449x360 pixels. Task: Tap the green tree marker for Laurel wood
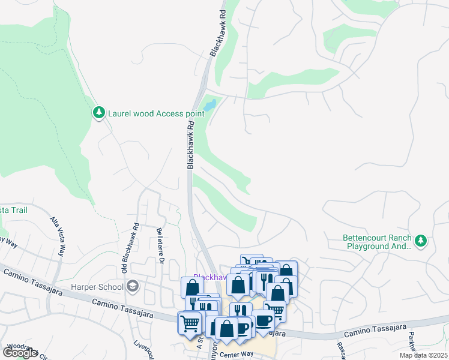pos(98,113)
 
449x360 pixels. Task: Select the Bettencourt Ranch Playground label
pos(377,242)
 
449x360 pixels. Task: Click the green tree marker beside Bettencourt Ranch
pos(421,241)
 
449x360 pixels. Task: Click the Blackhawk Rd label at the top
pos(217,33)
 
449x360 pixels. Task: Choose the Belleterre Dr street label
pos(160,245)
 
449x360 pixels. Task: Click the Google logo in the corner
pos(20,353)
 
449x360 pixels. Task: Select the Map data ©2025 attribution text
pos(423,355)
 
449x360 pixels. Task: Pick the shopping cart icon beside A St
pos(190,323)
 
